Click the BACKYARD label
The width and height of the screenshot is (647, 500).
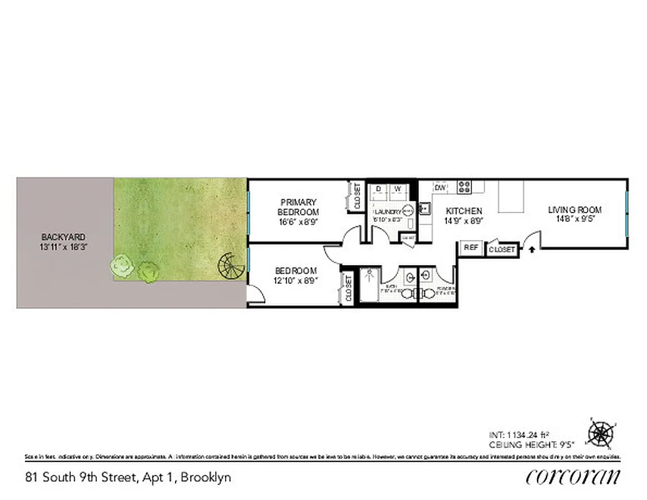(63, 237)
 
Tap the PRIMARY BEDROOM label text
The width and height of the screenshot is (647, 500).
(298, 207)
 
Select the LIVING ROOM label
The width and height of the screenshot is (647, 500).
(574, 210)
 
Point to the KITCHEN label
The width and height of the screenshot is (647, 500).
(463, 211)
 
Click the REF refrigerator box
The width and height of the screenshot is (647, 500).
(471, 247)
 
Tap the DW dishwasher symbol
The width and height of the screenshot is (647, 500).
(439, 187)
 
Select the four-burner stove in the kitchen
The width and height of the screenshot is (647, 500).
(464, 186)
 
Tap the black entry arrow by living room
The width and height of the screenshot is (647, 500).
(531, 249)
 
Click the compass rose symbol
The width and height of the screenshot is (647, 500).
(601, 434)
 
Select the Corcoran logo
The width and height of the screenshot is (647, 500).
(573, 477)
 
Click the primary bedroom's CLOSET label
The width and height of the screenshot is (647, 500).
(357, 196)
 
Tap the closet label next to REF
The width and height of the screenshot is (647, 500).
(501, 249)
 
